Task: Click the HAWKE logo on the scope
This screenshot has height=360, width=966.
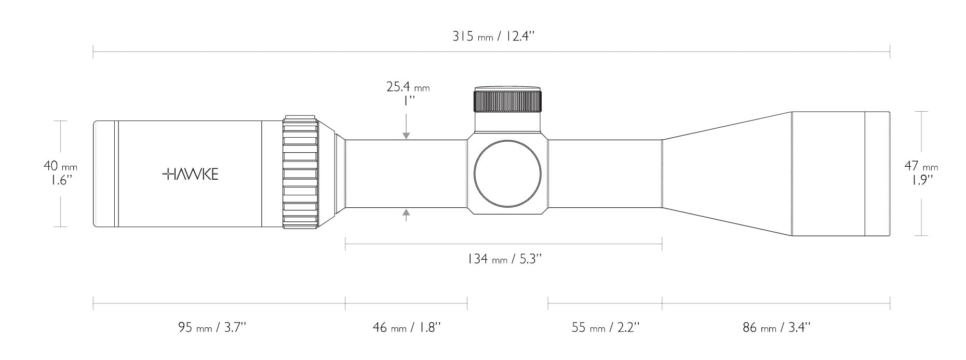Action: (x=190, y=174)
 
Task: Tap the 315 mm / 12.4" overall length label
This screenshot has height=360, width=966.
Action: (x=493, y=36)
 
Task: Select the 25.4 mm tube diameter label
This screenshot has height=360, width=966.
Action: (x=408, y=86)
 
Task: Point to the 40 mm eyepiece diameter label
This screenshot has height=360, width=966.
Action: (x=60, y=166)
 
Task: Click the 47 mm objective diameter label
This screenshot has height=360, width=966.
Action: (x=921, y=166)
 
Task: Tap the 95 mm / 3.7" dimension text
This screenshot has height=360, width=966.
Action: (x=212, y=327)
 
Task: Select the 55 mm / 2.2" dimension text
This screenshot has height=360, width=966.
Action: (x=605, y=327)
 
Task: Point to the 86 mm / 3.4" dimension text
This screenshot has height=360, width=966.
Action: (x=776, y=327)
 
